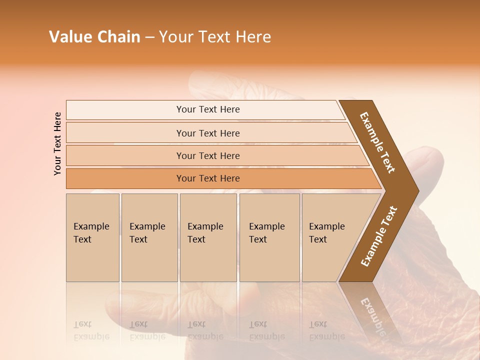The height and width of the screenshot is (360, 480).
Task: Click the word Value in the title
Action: [x=69, y=37]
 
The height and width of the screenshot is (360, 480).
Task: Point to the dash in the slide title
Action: [x=149, y=37]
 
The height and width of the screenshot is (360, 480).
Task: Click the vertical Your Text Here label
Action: [x=58, y=143]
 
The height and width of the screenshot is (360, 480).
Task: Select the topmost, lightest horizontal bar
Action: [x=208, y=109]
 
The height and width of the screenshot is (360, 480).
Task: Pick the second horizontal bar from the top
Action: [x=208, y=133]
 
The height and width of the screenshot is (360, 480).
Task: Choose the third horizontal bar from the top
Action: [x=208, y=155]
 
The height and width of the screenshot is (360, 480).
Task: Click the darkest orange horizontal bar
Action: [x=208, y=178]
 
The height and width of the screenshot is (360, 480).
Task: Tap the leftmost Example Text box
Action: [x=92, y=237]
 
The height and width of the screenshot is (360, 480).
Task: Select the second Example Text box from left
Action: [x=149, y=237]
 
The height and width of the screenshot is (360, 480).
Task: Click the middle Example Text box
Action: [x=208, y=237]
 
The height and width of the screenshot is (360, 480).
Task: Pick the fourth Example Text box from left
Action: [x=269, y=237]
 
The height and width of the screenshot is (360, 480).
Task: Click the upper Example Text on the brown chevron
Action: [x=377, y=142]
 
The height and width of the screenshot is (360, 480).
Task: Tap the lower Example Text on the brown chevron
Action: [x=379, y=236]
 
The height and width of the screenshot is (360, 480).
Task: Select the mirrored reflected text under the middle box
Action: [x=205, y=330]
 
